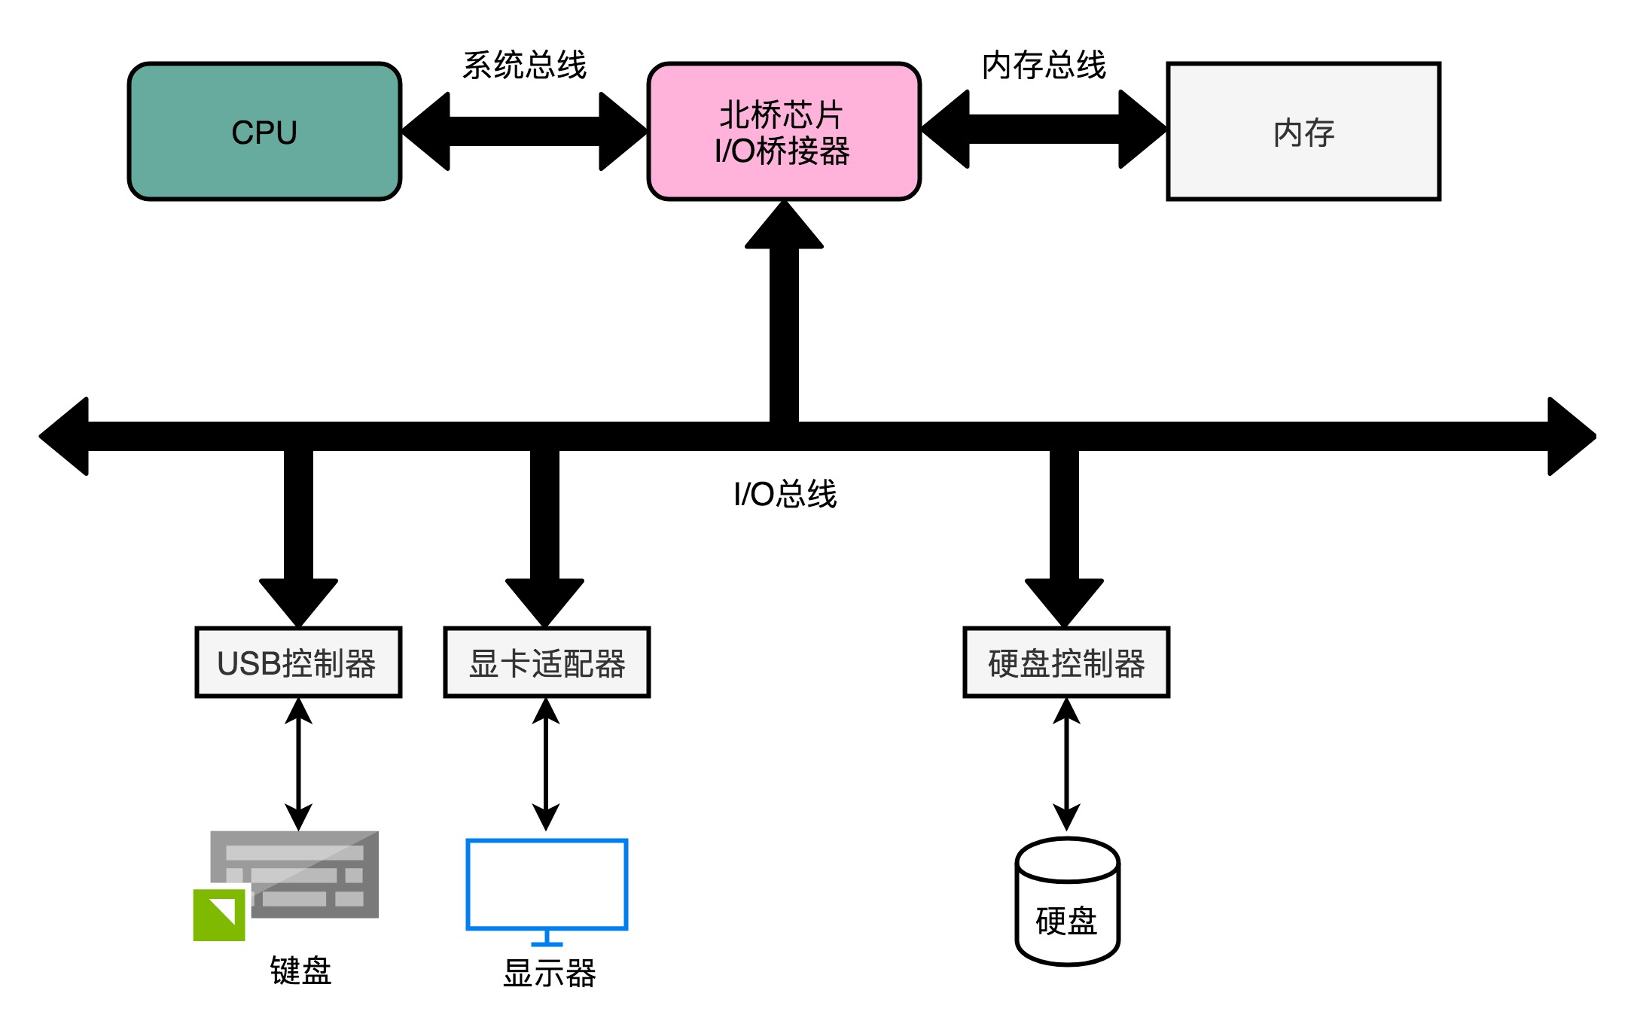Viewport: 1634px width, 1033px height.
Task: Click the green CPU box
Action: click(264, 132)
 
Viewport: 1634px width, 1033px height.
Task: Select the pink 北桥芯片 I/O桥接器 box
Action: click(783, 132)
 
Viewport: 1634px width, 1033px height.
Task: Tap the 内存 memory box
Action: click(1303, 132)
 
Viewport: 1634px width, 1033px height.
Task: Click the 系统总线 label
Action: click(524, 65)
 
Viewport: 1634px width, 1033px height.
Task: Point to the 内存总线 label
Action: click(1044, 65)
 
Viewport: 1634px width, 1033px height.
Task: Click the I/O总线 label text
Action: click(785, 495)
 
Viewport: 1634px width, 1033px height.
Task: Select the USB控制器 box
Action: click(298, 663)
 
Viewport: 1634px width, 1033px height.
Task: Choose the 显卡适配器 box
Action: click(547, 663)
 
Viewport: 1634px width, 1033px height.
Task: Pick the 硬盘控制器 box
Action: click(1066, 663)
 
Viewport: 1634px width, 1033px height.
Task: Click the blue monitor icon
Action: click(547, 885)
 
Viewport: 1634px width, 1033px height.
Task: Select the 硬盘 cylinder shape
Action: click(1067, 903)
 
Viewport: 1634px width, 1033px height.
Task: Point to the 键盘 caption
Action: click(300, 971)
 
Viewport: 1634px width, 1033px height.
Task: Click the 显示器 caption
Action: click(549, 973)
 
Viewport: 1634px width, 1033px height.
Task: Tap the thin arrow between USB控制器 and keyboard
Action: click(298, 763)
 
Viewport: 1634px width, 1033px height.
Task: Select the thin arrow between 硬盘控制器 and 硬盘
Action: click(1066, 763)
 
